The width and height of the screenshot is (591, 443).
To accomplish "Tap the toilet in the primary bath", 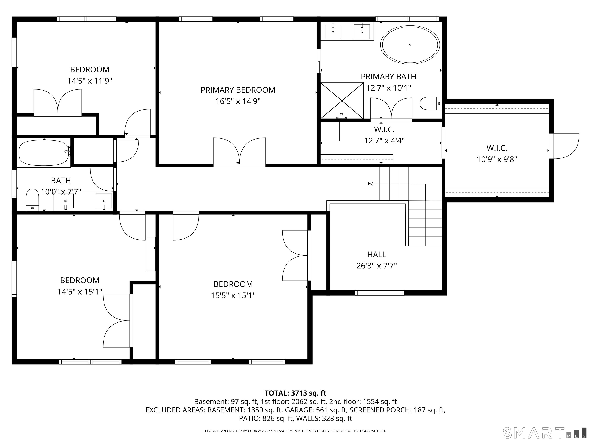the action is pyautogui.click(x=430, y=103).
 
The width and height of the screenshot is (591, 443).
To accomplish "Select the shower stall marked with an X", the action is pyautogui.click(x=342, y=100).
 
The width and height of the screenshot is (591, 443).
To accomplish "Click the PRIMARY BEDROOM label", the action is pyautogui.click(x=238, y=90).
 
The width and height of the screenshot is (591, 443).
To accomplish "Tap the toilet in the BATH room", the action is pyautogui.click(x=32, y=200).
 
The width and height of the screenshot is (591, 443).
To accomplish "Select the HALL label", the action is pyautogui.click(x=376, y=255).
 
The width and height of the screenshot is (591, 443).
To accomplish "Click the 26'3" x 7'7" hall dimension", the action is pyautogui.click(x=376, y=266).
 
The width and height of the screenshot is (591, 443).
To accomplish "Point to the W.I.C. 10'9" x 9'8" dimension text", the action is pyautogui.click(x=497, y=159).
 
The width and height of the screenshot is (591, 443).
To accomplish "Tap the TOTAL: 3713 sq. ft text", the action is pyautogui.click(x=295, y=393).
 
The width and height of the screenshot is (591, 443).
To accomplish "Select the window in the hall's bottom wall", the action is pyautogui.click(x=379, y=293).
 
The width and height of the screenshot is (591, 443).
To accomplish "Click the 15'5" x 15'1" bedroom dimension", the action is pyautogui.click(x=233, y=295).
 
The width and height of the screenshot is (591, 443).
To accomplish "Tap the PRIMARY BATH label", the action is pyautogui.click(x=388, y=77).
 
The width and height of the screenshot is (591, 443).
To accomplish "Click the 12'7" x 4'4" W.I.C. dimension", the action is pyautogui.click(x=384, y=141).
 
